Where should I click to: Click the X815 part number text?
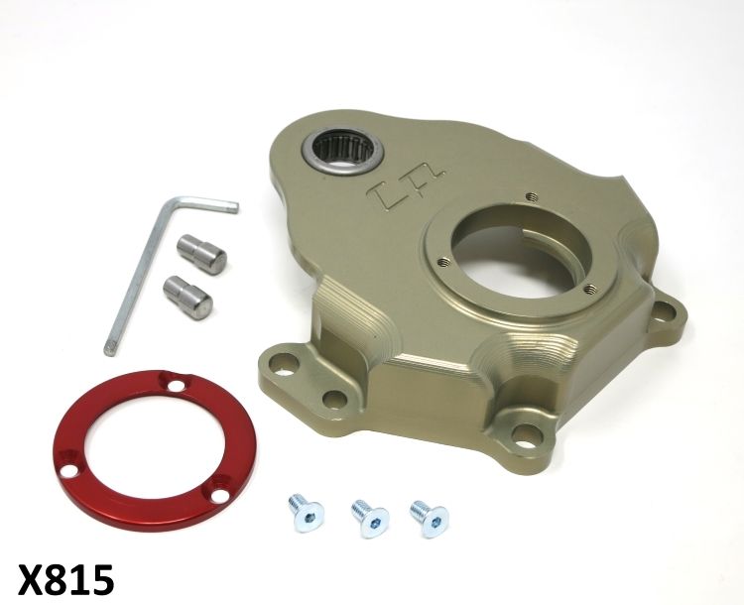coord(65,579)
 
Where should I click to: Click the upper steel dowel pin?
coord(201,255)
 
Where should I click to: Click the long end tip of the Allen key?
coord(109,350)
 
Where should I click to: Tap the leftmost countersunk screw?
coord(306,513)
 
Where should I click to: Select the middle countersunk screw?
coord(370,519)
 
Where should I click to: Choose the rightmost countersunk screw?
coord(430,519)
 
